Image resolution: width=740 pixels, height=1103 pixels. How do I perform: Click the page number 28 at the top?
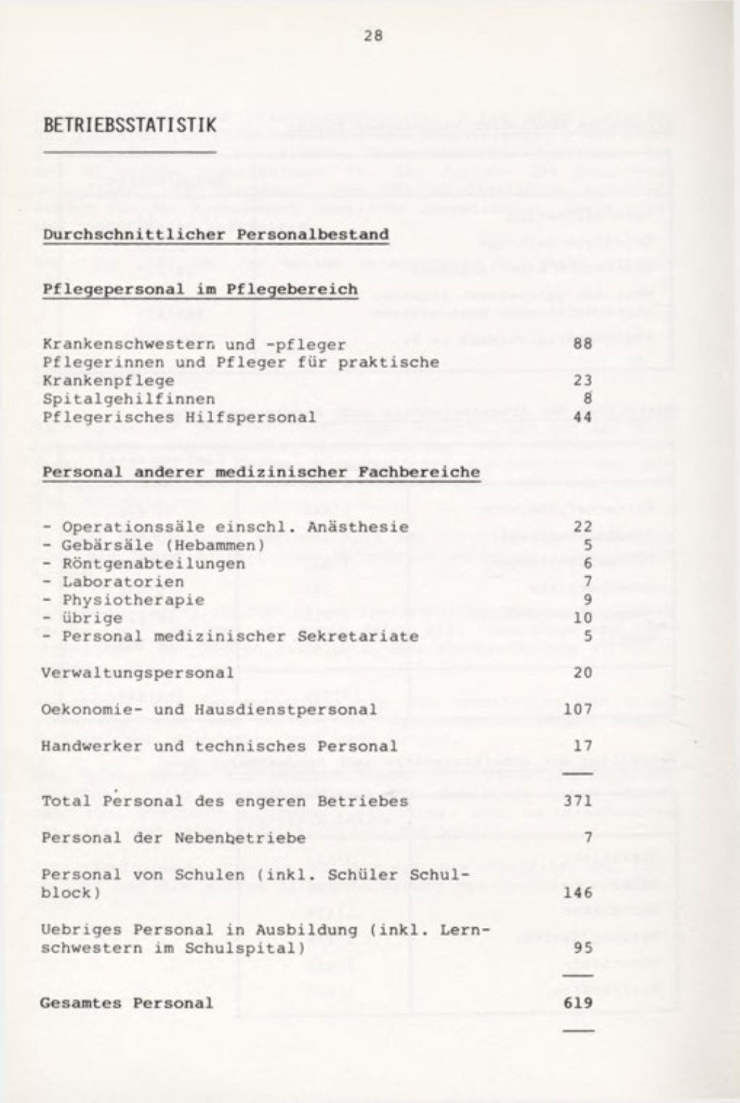click(x=373, y=36)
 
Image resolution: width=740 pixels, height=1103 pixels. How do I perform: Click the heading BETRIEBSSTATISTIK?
click(x=129, y=125)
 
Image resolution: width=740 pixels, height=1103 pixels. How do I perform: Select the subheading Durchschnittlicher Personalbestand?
click(x=216, y=234)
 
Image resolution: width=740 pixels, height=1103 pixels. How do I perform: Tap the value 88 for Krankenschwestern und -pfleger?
click(x=582, y=344)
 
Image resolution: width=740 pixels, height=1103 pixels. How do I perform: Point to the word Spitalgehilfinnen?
click(x=128, y=398)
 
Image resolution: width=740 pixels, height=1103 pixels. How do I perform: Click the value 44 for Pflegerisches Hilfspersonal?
click(x=582, y=417)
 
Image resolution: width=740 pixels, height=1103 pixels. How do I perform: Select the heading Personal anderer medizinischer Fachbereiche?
click(x=260, y=472)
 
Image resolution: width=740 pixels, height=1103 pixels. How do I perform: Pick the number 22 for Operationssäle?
click(x=582, y=527)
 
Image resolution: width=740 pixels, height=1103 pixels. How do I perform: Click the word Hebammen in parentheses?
click(x=218, y=545)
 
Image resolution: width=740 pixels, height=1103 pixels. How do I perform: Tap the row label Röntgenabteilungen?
click(x=153, y=563)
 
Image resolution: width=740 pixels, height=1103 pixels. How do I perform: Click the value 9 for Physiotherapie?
click(x=587, y=600)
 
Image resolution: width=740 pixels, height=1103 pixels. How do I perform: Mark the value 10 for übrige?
click(x=582, y=618)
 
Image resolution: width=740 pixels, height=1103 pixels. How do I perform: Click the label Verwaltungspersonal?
click(x=137, y=673)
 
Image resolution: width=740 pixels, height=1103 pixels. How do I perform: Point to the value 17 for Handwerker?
click(x=582, y=746)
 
